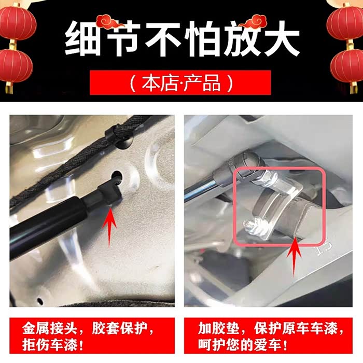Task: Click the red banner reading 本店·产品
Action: (180, 82)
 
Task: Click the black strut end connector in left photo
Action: (109, 193)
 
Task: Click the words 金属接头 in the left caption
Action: (49, 328)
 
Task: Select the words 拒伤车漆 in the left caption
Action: (49, 345)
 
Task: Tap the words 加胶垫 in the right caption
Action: (218, 328)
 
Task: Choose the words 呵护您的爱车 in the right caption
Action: (240, 345)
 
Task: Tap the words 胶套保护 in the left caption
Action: (119, 328)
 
